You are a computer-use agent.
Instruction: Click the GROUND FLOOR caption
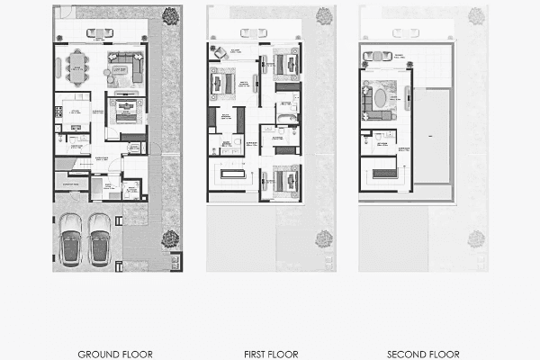pyautogui.click(x=115, y=354)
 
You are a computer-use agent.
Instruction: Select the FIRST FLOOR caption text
pyautogui.click(x=270, y=354)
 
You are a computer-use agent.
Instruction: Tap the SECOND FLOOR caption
pyautogui.click(x=423, y=354)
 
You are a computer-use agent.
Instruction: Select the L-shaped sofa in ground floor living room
pyautogui.click(x=125, y=67)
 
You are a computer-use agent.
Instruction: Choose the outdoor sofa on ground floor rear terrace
pyautogui.click(x=100, y=33)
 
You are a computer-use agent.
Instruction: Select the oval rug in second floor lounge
pyautogui.click(x=382, y=96)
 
